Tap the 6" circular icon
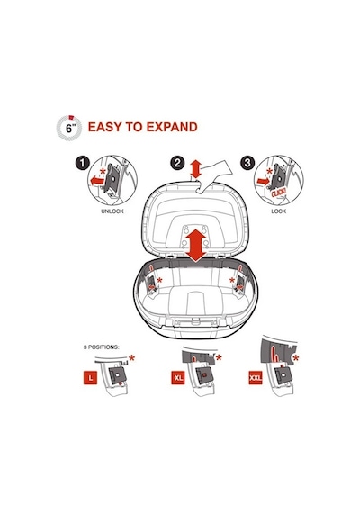pyautogui.click(x=69, y=128)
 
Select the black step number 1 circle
pyautogui.click(x=83, y=163)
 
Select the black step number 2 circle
pyautogui.click(x=177, y=163)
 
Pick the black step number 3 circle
pyautogui.click(x=247, y=163)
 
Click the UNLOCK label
pyautogui.click(x=112, y=211)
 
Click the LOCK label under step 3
pyautogui.click(x=278, y=211)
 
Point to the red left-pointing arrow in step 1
pyautogui.click(x=97, y=180)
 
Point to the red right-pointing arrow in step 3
pyautogui.click(x=264, y=181)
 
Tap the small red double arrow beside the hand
pyautogui.click(x=195, y=169)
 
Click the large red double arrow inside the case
pyautogui.click(x=195, y=246)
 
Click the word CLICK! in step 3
pyautogui.click(x=278, y=193)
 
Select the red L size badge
pyautogui.click(x=91, y=378)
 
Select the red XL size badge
pyautogui.click(x=178, y=378)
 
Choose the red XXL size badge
pyautogui.click(x=256, y=378)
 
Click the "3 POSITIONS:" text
pyautogui.click(x=101, y=347)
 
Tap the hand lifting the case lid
pyautogui.click(x=215, y=175)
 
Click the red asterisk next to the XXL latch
pyautogui.click(x=295, y=358)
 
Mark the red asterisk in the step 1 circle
pyautogui.click(x=103, y=171)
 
